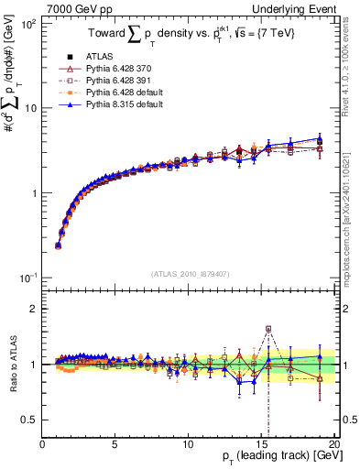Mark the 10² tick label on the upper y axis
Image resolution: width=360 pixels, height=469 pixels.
(x=27, y=24)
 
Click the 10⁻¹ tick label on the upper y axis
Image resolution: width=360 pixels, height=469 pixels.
(x=27, y=277)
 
